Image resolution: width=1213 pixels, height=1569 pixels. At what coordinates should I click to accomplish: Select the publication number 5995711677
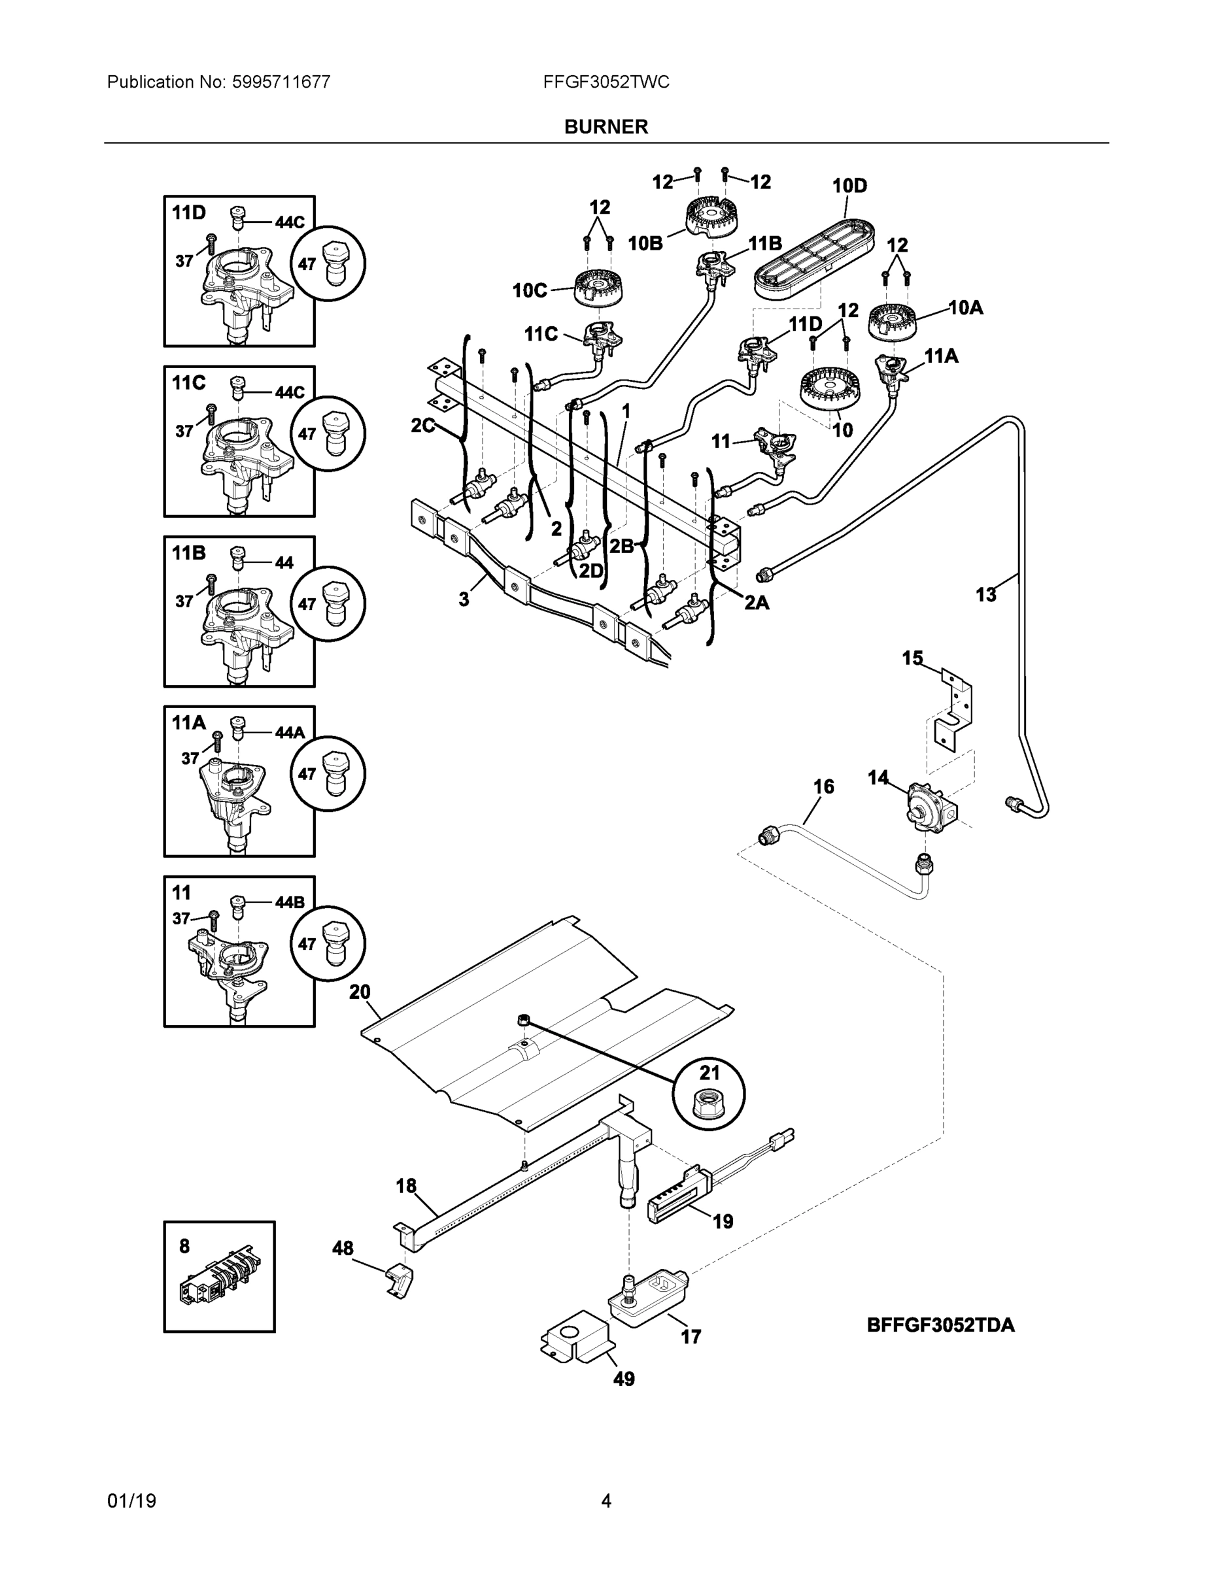click(x=281, y=82)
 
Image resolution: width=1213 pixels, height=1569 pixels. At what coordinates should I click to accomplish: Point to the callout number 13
click(x=986, y=594)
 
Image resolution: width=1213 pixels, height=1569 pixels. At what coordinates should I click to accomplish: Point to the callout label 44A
click(x=290, y=732)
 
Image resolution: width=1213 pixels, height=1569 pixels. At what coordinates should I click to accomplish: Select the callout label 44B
click(x=290, y=902)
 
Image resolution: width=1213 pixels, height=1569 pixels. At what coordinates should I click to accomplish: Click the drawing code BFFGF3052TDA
click(x=941, y=1324)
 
